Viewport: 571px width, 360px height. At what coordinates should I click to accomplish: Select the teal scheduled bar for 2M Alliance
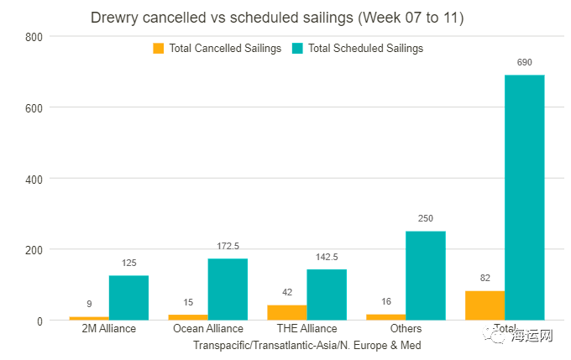(128, 297)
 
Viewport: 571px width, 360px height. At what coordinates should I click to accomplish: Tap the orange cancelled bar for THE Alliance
(286, 311)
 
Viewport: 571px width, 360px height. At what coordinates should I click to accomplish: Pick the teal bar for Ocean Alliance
(228, 289)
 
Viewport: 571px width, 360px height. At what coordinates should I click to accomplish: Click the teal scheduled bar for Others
(426, 275)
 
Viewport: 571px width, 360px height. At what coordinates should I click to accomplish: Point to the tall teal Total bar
(525, 197)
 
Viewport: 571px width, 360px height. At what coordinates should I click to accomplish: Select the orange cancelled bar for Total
(485, 305)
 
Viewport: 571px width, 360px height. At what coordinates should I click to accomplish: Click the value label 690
(525, 63)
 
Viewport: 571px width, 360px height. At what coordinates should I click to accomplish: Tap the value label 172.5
(228, 246)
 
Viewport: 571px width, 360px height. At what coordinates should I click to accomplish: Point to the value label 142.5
(327, 257)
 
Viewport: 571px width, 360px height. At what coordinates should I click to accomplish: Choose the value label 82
(485, 279)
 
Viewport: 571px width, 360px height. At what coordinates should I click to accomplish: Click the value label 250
(426, 218)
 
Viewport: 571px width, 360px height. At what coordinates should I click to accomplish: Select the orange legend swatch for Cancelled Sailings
(159, 49)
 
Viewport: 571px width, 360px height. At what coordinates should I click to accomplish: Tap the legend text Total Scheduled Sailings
(365, 49)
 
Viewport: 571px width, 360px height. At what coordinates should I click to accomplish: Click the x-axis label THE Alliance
(306, 329)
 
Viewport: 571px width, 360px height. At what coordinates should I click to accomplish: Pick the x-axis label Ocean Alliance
(207, 329)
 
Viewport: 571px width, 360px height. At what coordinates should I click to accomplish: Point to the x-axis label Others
(406, 329)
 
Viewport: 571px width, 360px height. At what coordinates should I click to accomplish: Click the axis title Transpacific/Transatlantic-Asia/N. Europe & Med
(306, 345)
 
